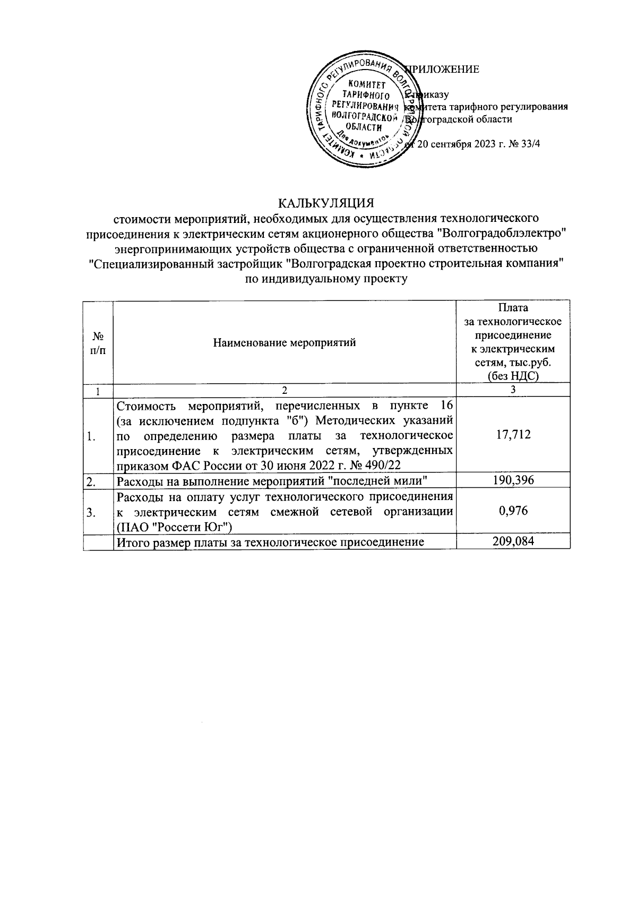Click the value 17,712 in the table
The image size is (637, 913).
tap(513, 435)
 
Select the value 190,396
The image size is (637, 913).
tap(513, 480)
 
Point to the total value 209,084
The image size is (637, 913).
tap(513, 541)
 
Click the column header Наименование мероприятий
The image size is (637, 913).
tap(285, 342)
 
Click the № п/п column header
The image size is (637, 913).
tap(98, 342)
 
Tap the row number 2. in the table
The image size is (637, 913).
tap(92, 481)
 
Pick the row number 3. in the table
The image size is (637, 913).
tap(92, 512)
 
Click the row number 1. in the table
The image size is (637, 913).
tap(92, 437)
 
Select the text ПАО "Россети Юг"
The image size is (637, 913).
tap(176, 527)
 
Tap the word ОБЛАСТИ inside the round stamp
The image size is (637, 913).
tap(364, 127)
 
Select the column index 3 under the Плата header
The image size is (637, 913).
tap(513, 390)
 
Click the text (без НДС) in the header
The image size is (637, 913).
tap(513, 376)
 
